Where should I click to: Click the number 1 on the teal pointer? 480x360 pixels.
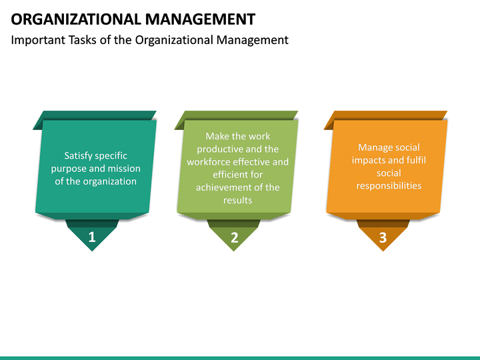pyautogui.click(x=92, y=237)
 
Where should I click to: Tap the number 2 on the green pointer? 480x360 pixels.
pyautogui.click(x=234, y=237)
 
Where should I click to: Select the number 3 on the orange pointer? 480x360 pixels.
pyautogui.click(x=383, y=237)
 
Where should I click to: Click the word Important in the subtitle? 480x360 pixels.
pyautogui.click(x=37, y=40)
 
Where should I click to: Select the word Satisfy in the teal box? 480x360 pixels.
pyautogui.click(x=79, y=156)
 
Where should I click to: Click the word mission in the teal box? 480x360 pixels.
pyautogui.click(x=123, y=169)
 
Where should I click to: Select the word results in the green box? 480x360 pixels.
pyautogui.click(x=238, y=200)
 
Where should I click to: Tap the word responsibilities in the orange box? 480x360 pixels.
pyautogui.click(x=389, y=185)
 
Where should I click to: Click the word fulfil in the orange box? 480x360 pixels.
pyautogui.click(x=415, y=160)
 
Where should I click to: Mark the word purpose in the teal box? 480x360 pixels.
pyautogui.click(x=69, y=169)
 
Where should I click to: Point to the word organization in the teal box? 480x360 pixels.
pyautogui.click(x=109, y=181)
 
